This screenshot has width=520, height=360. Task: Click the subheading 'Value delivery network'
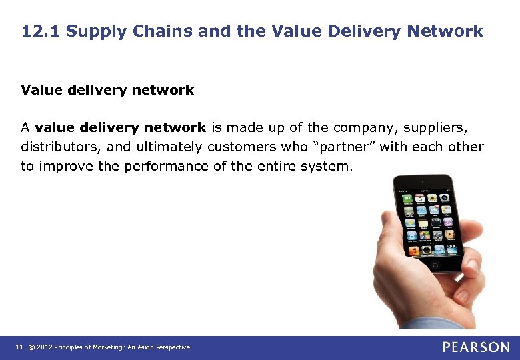click(x=107, y=90)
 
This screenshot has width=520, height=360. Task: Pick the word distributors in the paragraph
click(x=59, y=147)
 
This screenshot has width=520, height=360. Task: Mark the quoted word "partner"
click(x=339, y=147)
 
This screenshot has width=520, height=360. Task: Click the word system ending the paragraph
click(x=328, y=166)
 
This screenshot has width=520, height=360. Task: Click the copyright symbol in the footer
click(x=30, y=347)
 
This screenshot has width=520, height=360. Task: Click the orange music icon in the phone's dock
click(x=413, y=250)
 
